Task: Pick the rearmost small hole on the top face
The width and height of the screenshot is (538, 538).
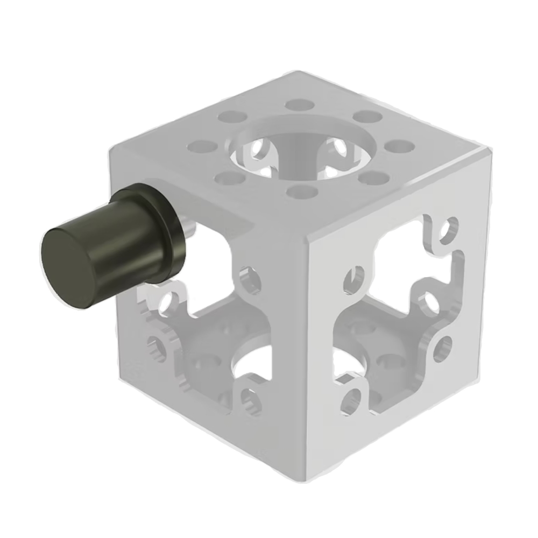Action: [295, 105]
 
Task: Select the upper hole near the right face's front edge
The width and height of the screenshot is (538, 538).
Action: [352, 278]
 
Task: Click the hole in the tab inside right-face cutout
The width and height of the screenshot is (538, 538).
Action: [429, 302]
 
